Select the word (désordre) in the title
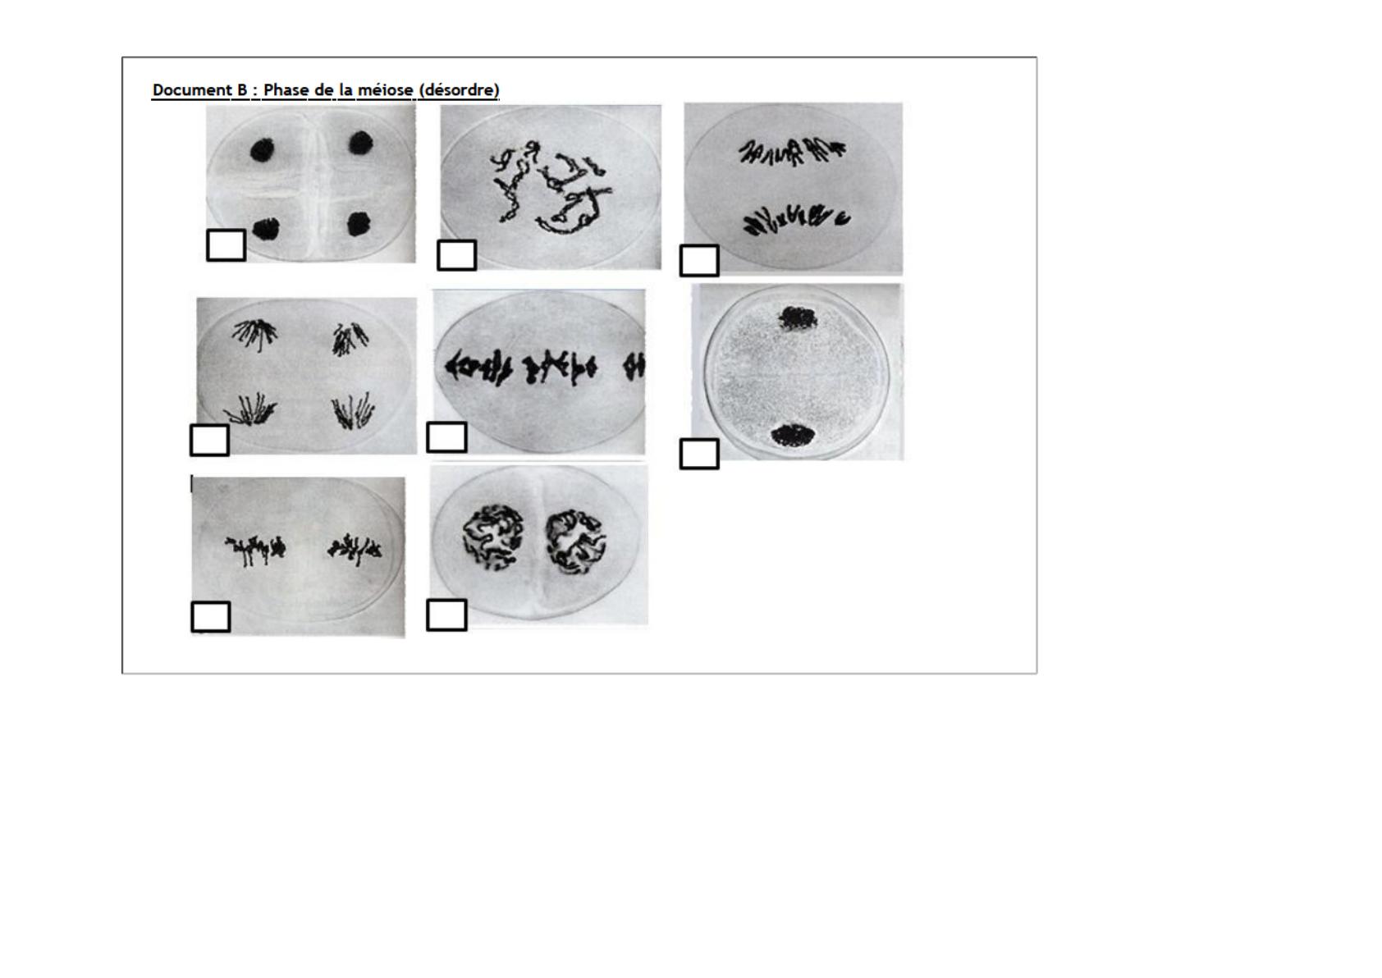459,90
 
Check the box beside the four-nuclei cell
226,244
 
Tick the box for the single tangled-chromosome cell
456,254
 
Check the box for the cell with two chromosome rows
699,260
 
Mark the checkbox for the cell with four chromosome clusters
210,441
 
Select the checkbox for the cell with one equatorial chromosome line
446,437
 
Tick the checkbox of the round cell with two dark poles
699,454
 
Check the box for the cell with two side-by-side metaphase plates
211,617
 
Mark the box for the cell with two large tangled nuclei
446,615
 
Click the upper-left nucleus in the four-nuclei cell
263,150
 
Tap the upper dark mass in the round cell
798,318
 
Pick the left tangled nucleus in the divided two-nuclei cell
493,537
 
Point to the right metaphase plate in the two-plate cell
355,550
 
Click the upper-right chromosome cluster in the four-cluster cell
350,339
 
